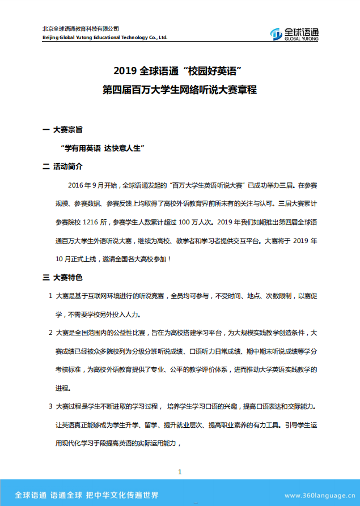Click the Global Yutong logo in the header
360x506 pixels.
[x=294, y=34]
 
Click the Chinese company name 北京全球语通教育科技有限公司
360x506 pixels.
[x=81, y=29]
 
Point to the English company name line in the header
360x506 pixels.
[x=105, y=38]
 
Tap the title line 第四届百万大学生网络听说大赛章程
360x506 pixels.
[x=180, y=90]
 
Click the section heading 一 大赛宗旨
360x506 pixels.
[x=63, y=130]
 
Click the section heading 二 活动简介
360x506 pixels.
[x=63, y=167]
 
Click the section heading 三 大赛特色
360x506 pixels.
[x=63, y=278]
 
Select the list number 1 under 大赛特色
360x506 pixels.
[x=51, y=296]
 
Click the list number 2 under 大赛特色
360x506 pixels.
[x=51, y=333]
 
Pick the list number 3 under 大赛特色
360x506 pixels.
[x=51, y=407]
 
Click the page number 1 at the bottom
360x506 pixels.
[x=180, y=472]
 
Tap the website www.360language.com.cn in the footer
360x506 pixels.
[x=320, y=495]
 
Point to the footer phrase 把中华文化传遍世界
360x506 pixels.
[x=122, y=494]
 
